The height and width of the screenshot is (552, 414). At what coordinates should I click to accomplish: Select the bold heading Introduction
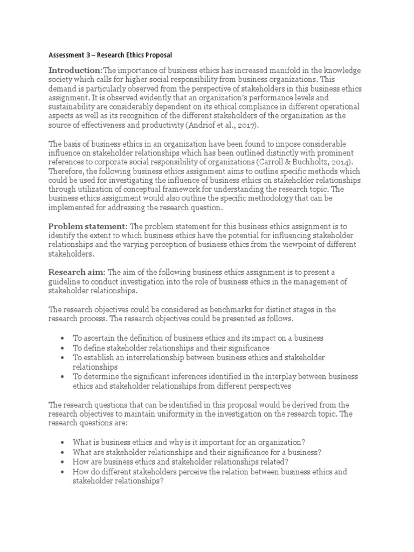tap(74, 71)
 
